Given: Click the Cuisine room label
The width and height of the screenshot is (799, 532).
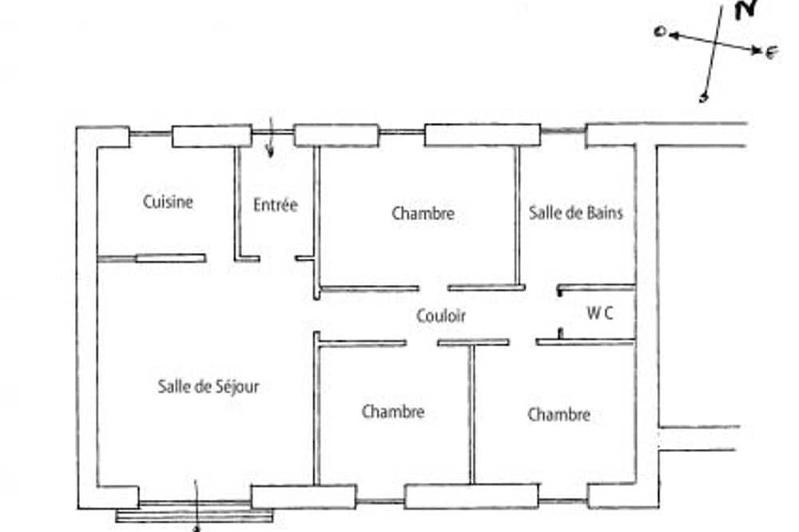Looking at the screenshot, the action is pyautogui.click(x=168, y=202).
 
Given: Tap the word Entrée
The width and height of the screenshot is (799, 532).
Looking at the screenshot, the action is pyautogui.click(x=275, y=204).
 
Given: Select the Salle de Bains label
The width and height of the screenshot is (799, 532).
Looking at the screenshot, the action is pyautogui.click(x=576, y=212).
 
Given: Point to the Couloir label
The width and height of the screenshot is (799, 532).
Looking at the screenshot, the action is pyautogui.click(x=441, y=316).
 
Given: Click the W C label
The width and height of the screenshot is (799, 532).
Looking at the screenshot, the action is pyautogui.click(x=600, y=313).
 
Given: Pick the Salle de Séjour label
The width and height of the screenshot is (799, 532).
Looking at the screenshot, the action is pyautogui.click(x=208, y=387).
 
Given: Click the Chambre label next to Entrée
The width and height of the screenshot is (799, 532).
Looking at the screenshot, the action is pyautogui.click(x=423, y=213).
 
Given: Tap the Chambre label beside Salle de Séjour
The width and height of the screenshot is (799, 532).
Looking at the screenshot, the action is pyautogui.click(x=393, y=411).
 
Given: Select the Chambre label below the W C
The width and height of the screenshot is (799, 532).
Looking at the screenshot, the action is pyautogui.click(x=559, y=415).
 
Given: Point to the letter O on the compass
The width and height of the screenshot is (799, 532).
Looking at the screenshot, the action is pyautogui.click(x=661, y=32).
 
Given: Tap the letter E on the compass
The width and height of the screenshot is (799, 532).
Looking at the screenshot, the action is pyautogui.click(x=773, y=52).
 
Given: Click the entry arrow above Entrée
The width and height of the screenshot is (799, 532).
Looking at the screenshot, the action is pyautogui.click(x=271, y=137).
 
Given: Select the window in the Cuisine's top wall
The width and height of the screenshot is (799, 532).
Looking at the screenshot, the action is pyautogui.click(x=151, y=134).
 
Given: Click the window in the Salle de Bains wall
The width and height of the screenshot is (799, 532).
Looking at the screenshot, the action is pyautogui.click(x=563, y=131).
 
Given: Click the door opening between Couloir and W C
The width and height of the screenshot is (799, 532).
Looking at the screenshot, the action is pyautogui.click(x=560, y=313).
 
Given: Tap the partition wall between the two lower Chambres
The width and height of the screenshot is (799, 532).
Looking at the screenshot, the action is pyautogui.click(x=472, y=415).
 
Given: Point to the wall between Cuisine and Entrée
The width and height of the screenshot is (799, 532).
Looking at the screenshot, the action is pyautogui.click(x=237, y=203).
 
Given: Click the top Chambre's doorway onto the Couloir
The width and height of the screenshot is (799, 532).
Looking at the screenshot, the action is pyautogui.click(x=434, y=288).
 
